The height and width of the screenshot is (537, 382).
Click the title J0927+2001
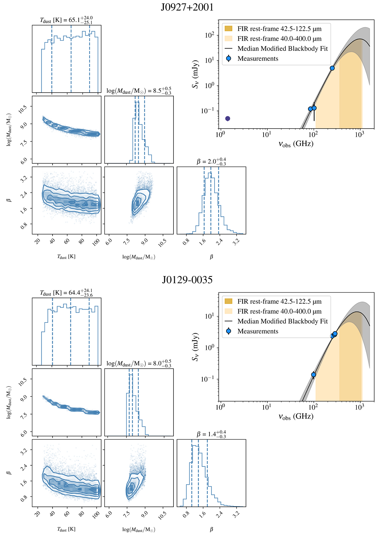[x=187, y=7]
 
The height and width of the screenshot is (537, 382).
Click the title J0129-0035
[x=187, y=280]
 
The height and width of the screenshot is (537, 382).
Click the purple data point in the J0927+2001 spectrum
[x=228, y=118]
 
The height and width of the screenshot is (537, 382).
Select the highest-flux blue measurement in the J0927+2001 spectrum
[x=332, y=68]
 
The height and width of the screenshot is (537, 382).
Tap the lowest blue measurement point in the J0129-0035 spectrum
[x=314, y=375]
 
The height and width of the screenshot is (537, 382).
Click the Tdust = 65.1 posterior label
[x=66, y=20]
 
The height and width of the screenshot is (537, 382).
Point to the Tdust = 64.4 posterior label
[x=66, y=293]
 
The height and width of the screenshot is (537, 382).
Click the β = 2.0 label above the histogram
[x=211, y=161]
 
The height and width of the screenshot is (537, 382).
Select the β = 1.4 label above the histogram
[x=211, y=434]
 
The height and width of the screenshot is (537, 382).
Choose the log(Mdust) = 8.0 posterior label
[x=139, y=363]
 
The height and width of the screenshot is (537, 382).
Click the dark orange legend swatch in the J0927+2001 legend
[x=229, y=29]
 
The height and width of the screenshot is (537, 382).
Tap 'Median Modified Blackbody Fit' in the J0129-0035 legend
[x=282, y=321]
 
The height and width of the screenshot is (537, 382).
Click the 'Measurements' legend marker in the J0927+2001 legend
[x=229, y=59]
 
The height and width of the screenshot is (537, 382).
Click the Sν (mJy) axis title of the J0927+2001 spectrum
[x=195, y=74]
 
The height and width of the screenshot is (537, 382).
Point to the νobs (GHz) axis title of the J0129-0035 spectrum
[x=296, y=417]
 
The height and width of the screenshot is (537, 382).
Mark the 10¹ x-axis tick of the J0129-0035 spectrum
[x=267, y=407]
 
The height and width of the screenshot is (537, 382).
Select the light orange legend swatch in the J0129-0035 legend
[x=229, y=311]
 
